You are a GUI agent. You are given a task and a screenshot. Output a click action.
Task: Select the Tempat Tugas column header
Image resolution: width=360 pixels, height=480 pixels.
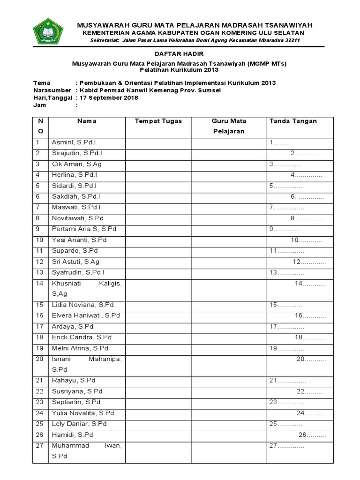[x=158, y=121]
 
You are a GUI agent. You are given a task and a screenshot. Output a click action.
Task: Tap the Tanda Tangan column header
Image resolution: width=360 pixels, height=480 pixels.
[x=293, y=121]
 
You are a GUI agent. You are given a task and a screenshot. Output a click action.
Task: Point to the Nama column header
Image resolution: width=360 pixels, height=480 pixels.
[x=87, y=121]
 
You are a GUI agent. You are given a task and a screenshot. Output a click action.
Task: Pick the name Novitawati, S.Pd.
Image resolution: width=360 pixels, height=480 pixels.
[x=79, y=218]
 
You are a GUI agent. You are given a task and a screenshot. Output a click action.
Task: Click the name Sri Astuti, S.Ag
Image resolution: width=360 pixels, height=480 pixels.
[x=75, y=262]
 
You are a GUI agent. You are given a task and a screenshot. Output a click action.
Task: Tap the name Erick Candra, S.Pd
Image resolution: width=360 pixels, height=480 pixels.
[x=82, y=337]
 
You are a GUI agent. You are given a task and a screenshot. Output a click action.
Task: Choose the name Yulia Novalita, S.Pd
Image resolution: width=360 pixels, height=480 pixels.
[x=83, y=413]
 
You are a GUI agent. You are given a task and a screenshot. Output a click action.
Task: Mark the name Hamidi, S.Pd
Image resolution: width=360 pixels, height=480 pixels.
[x=73, y=435]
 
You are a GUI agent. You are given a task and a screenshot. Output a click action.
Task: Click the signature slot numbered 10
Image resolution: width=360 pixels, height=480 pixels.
[x=306, y=240]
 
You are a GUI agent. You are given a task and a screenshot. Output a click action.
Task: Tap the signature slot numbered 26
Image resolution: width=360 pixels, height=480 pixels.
[x=312, y=435]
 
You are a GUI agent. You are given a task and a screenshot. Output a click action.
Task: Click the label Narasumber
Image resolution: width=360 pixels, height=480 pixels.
[x=52, y=90]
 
